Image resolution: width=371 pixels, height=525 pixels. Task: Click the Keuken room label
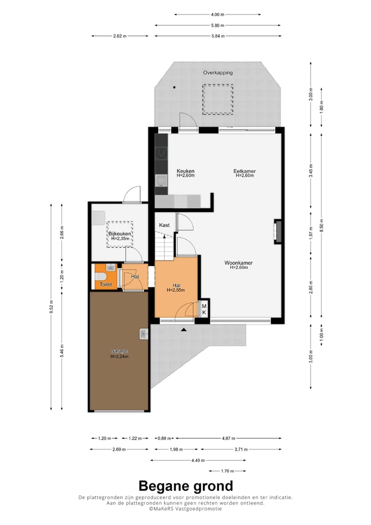click(x=185, y=171)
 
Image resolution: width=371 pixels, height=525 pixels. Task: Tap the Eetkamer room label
click(x=245, y=171)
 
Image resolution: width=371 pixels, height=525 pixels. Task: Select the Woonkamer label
click(x=239, y=263)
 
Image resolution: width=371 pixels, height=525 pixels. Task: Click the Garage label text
click(x=119, y=351)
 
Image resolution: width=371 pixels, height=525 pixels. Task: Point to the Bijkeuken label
click(x=120, y=234)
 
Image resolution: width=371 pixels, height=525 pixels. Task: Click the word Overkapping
click(x=218, y=72)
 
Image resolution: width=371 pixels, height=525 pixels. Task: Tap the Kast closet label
click(x=164, y=225)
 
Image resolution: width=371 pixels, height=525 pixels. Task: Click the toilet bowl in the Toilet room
click(x=100, y=276)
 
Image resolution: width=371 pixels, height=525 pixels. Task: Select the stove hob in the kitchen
click(x=161, y=154)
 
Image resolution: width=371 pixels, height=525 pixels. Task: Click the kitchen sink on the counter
click(x=162, y=181)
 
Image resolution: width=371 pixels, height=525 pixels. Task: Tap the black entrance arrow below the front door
click(x=183, y=330)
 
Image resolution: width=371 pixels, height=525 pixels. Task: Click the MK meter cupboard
click(x=204, y=309)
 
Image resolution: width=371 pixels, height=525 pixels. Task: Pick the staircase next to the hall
click(x=164, y=247)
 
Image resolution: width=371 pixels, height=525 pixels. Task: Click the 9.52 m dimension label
click(x=51, y=307)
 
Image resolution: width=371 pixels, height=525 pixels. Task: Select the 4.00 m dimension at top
click(x=217, y=14)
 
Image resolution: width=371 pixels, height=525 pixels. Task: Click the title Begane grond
click(x=185, y=486)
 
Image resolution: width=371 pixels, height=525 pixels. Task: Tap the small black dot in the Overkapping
click(x=174, y=87)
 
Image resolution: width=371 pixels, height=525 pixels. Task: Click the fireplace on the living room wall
click(x=278, y=232)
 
